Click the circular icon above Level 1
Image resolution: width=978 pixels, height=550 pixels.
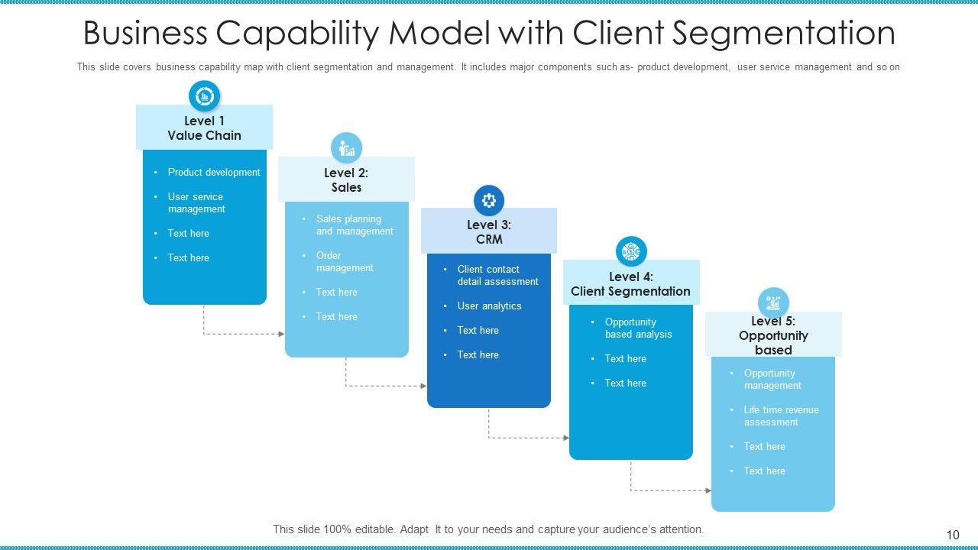[204, 96]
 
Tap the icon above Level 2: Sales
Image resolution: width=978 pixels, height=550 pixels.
[346, 148]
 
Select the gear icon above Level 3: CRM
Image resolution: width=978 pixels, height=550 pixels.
[489, 201]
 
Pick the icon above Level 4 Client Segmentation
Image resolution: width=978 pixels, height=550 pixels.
[631, 251]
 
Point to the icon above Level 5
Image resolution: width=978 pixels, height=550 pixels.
[773, 302]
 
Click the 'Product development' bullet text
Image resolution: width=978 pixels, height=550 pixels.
[214, 173]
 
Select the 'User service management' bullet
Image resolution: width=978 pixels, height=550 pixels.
[196, 202]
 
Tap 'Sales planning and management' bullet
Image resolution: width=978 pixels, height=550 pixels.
[355, 225]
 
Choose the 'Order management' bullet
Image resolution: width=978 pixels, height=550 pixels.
[345, 261]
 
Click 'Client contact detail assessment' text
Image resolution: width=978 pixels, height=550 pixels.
[497, 275]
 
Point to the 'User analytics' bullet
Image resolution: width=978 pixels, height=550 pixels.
[489, 306]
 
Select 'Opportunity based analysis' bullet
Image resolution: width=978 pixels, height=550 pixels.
[638, 328]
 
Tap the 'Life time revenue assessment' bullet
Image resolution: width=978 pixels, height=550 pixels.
[781, 416]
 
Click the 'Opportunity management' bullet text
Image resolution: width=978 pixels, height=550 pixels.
[772, 379]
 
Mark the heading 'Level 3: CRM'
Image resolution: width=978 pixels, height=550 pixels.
[489, 231]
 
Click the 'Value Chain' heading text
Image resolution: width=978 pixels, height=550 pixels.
[204, 136]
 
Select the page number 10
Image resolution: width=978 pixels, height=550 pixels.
[952, 535]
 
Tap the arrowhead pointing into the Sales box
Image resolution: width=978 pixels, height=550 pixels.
[281, 334]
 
